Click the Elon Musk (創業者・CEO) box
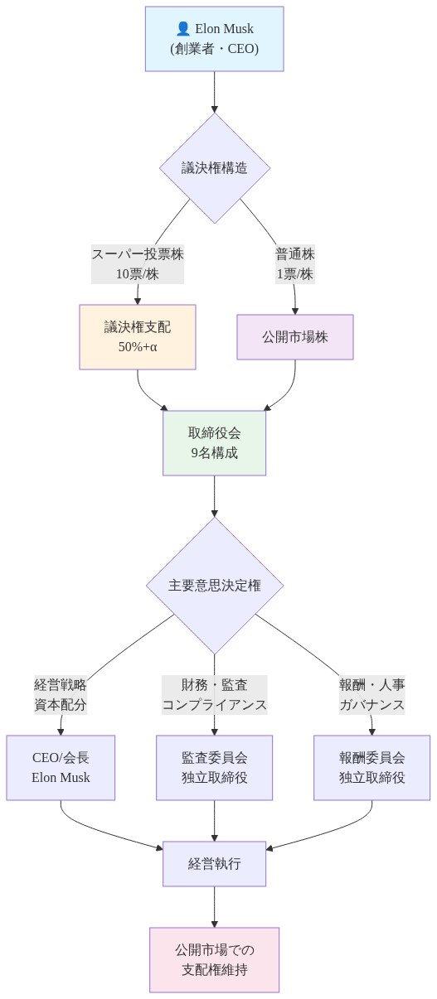[x=214, y=39]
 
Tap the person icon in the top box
[x=183, y=29]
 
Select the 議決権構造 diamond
[x=214, y=168]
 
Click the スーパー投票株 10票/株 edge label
[x=138, y=264]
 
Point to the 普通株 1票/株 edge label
[x=295, y=264]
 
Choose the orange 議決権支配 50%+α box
[x=138, y=336]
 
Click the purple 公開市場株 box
[x=295, y=337]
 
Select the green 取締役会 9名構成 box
[x=214, y=442]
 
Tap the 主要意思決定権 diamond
[x=214, y=586]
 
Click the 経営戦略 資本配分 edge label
[x=61, y=695]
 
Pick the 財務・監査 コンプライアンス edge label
[x=214, y=695]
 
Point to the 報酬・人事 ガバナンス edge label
[x=371, y=695]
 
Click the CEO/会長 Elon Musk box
[x=61, y=767]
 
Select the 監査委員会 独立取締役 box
[x=214, y=767]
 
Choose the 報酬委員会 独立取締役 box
[x=371, y=767]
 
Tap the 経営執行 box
[x=214, y=864]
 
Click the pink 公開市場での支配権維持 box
[x=214, y=959]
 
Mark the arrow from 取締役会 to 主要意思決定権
[x=214, y=495]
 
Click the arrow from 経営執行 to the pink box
[x=214, y=906]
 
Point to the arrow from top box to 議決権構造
[x=214, y=91]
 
